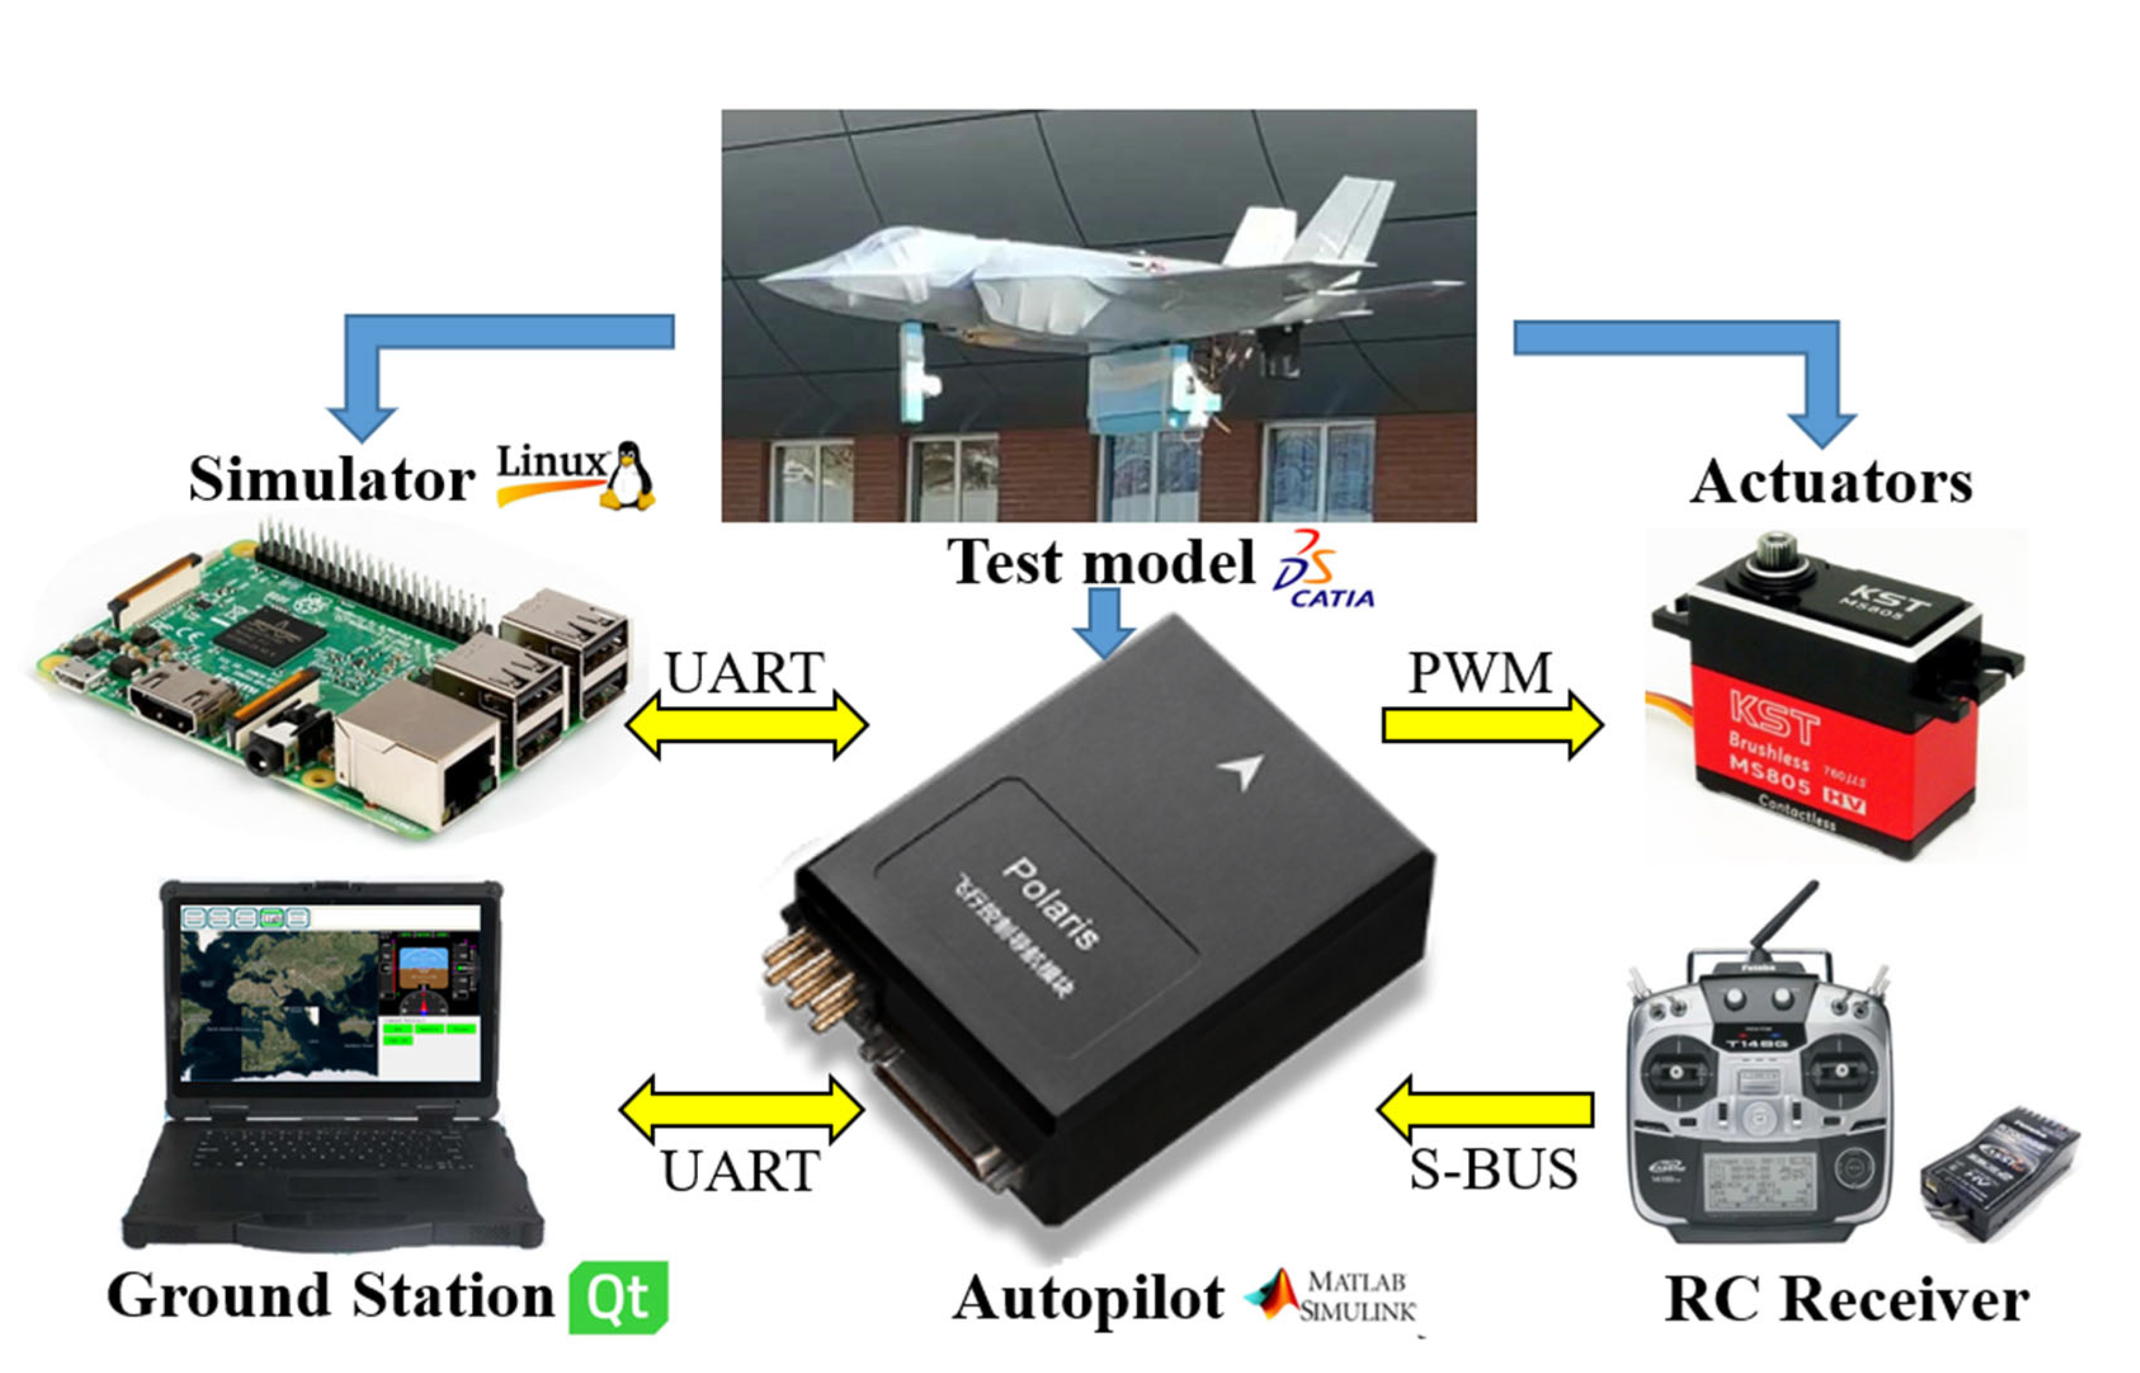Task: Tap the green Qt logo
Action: [618, 1297]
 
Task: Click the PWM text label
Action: [1479, 673]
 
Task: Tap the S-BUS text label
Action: [1493, 1169]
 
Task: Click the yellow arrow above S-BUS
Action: [1485, 1109]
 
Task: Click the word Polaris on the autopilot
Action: [1053, 904]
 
